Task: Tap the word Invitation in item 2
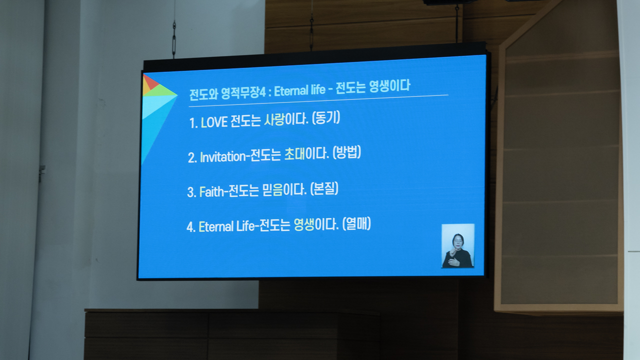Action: tap(223, 157)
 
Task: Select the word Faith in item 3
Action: tap(211, 191)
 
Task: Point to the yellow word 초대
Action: tap(294, 154)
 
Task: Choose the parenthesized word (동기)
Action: tap(326, 117)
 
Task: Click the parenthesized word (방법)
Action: tap(347, 152)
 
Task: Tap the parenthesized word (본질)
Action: tap(324, 188)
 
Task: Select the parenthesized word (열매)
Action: tap(356, 223)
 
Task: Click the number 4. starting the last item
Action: tap(191, 227)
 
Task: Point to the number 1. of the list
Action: tap(193, 123)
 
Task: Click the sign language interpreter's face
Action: tap(458, 241)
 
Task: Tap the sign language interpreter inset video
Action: tap(458, 245)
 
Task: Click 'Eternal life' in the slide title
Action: tap(299, 90)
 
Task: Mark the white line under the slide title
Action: tap(318, 100)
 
